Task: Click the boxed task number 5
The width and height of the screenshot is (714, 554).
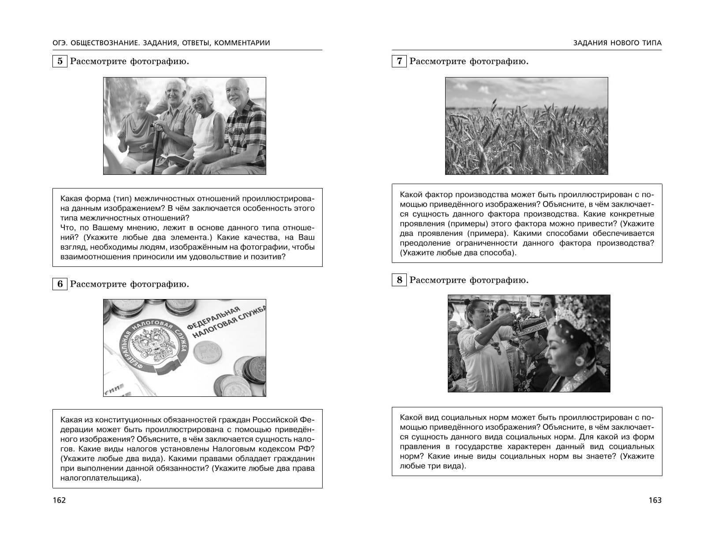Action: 60,61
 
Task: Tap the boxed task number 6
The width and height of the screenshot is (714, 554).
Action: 60,284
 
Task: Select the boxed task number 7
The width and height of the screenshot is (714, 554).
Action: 399,61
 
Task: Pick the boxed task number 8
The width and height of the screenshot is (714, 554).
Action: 399,280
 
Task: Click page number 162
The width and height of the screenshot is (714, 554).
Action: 59,500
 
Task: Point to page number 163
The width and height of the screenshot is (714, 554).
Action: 655,500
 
